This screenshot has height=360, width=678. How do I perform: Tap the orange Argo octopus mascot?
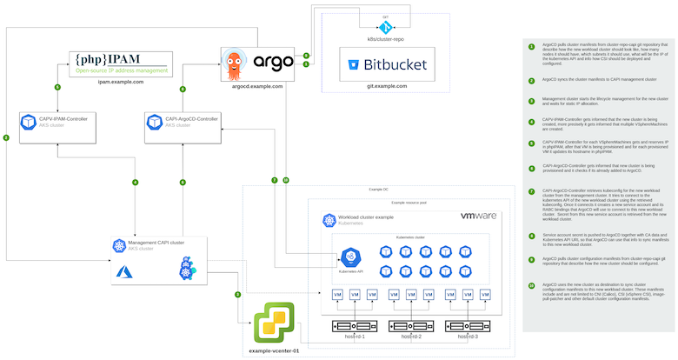point(240,62)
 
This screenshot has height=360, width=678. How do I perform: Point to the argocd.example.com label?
point(252,86)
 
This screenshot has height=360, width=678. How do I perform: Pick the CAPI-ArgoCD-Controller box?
point(182,122)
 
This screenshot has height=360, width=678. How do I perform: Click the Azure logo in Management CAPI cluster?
point(123,272)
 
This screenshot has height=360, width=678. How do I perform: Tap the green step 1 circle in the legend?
point(532,45)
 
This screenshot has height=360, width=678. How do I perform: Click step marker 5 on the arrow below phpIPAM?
point(57,88)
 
